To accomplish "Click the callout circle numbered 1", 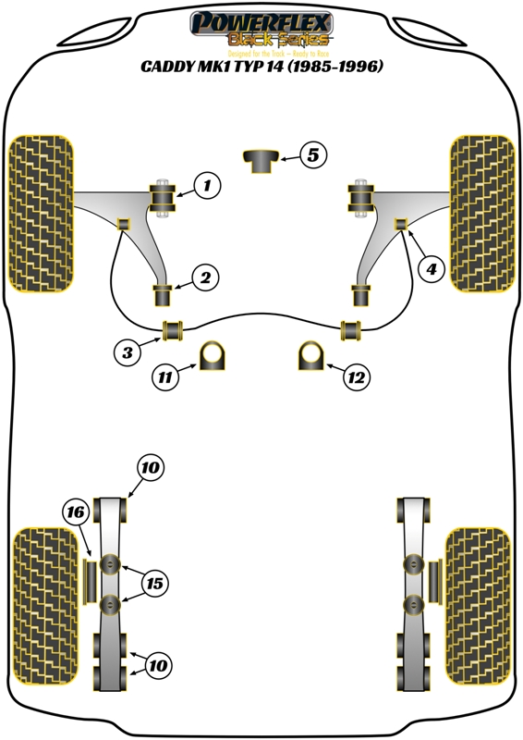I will [x=206, y=186].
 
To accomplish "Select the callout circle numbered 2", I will [x=204, y=277].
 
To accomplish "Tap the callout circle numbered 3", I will [x=128, y=351].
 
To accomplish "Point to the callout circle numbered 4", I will [x=429, y=269].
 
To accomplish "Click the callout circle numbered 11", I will [x=165, y=376].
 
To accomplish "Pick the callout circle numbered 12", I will [x=356, y=376].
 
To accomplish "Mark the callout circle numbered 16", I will [x=76, y=511].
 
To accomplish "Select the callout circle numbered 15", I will [x=154, y=584].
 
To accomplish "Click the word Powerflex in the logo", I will [x=261, y=21].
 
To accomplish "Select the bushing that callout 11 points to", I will [x=213, y=356].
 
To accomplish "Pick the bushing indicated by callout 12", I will [x=310, y=356].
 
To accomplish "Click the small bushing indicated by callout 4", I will [x=402, y=223].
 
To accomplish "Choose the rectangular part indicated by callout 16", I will [x=91, y=580].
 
